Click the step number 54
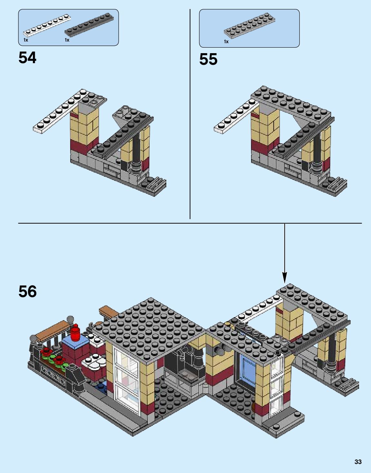27,58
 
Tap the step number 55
208,59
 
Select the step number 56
27,291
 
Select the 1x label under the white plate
26,40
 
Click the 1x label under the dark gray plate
67,40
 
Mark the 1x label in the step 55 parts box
226,42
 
